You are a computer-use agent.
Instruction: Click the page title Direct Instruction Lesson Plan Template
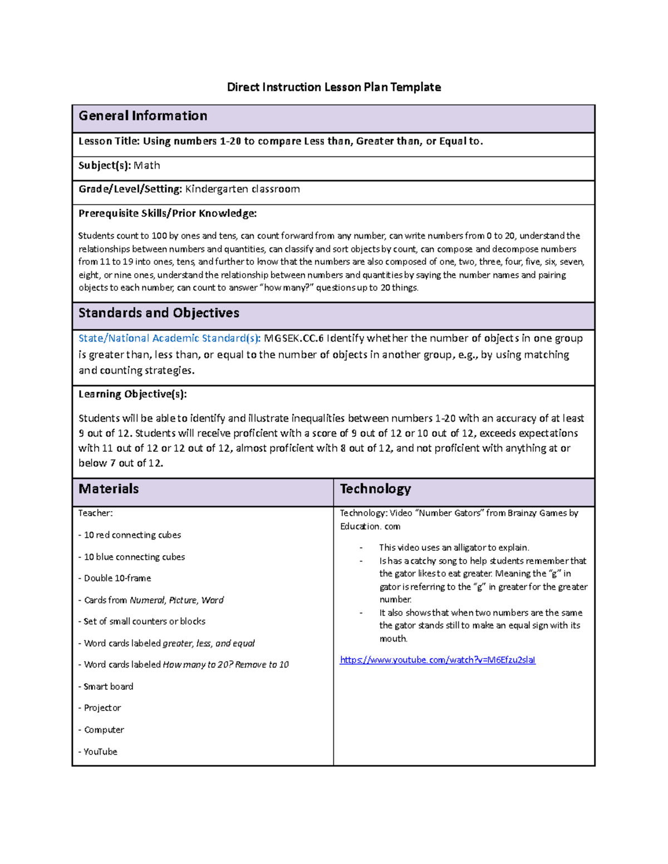click(x=333, y=87)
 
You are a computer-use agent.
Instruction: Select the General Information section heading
click(x=143, y=116)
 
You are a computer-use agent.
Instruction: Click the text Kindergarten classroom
click(x=242, y=189)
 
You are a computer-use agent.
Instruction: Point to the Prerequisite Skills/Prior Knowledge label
click(x=167, y=214)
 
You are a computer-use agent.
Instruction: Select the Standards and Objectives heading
click(x=159, y=313)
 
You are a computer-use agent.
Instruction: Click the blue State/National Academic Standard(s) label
click(x=169, y=338)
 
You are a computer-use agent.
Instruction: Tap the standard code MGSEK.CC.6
click(x=293, y=338)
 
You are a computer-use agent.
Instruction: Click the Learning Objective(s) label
click(x=132, y=394)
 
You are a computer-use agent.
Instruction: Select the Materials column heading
click(x=109, y=489)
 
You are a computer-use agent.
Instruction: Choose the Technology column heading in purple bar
click(x=375, y=489)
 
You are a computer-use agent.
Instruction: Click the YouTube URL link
click(x=438, y=660)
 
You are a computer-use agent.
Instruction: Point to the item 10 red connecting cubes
click(x=132, y=535)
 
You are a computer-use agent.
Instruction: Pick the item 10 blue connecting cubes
click(x=134, y=557)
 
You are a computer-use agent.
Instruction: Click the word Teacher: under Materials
click(x=95, y=514)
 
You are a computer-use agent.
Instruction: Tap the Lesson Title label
click(x=109, y=141)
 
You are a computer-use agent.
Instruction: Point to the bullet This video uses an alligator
click(x=454, y=547)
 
